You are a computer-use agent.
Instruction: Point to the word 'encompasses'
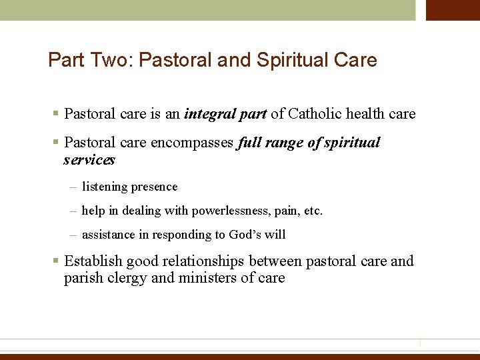pyautogui.click(x=193, y=143)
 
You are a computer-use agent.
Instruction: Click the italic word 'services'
pyautogui.click(x=89, y=160)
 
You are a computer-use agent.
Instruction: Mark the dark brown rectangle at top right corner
pyautogui.click(x=453, y=10)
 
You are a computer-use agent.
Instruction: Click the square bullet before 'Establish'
pyautogui.click(x=57, y=261)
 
